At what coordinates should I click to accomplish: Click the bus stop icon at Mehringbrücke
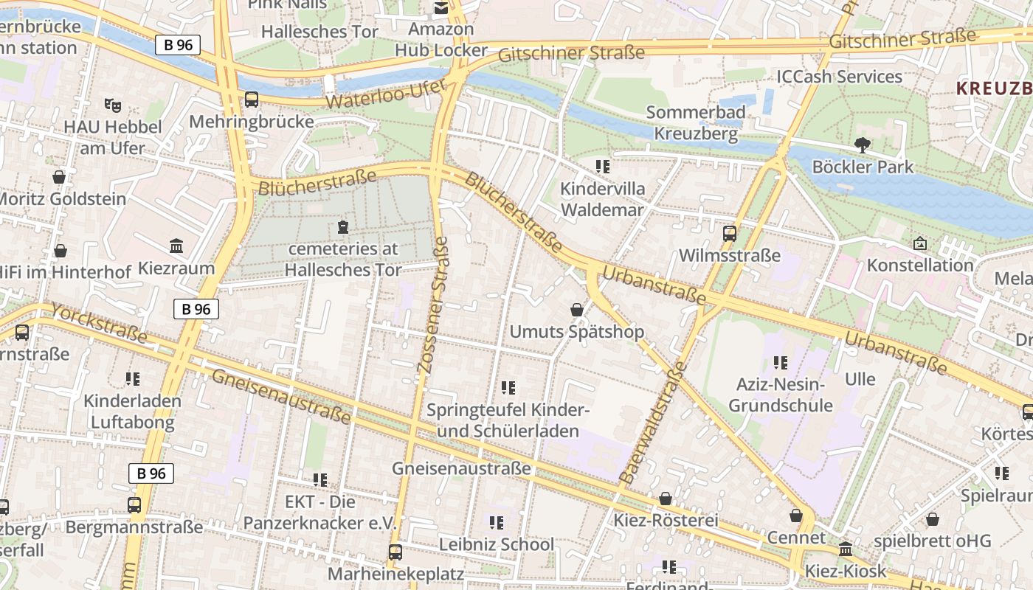point(252,100)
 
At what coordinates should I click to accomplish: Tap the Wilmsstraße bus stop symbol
point(730,234)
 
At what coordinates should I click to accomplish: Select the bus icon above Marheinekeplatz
point(395,552)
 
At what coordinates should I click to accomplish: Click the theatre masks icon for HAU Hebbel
point(112,105)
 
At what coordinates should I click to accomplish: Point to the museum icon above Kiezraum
point(176,246)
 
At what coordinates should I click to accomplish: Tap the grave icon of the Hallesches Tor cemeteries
point(342,226)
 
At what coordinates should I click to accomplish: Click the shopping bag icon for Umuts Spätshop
point(577,310)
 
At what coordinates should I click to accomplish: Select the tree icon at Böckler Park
point(862,145)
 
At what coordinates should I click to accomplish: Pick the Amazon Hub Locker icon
point(441,8)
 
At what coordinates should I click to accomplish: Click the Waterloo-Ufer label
point(385,94)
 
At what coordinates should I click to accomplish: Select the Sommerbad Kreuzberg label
point(695,123)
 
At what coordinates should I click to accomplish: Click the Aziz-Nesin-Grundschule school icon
point(781,362)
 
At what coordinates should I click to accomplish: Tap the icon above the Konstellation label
point(920,243)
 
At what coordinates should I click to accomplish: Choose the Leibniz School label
point(496,544)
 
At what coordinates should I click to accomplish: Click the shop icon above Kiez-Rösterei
point(666,499)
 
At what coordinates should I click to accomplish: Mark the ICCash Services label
point(839,77)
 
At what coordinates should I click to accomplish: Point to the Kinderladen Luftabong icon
point(133,379)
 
